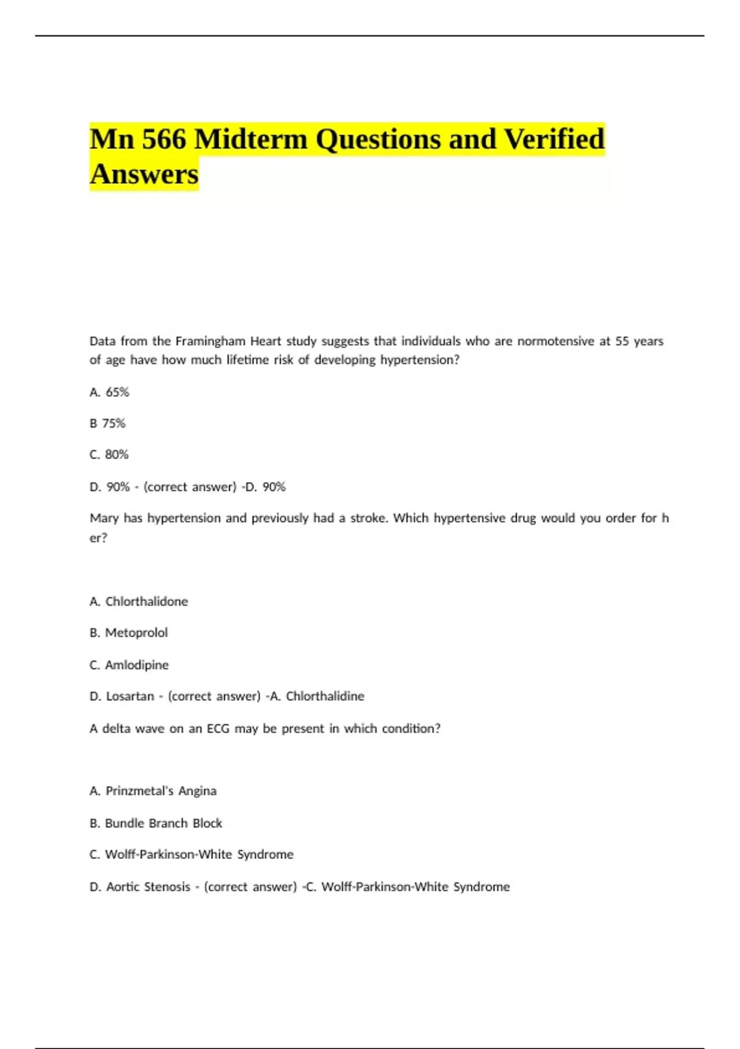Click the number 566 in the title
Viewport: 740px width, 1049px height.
tap(163, 139)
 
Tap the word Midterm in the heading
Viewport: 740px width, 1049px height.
tap(250, 139)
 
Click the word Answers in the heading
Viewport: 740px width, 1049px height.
tap(144, 174)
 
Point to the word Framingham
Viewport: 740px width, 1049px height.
tap(210, 341)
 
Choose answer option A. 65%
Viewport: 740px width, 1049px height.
tap(109, 392)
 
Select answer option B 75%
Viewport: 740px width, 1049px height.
tap(107, 423)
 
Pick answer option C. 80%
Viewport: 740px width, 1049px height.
tap(109, 455)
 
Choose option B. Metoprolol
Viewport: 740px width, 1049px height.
tap(128, 632)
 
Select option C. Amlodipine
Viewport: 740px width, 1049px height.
tap(129, 665)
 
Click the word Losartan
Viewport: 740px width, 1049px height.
tap(130, 696)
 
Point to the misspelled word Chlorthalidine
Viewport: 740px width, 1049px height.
tap(325, 696)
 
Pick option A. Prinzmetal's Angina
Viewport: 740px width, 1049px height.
tap(153, 791)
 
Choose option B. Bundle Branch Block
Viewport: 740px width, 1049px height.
tap(156, 823)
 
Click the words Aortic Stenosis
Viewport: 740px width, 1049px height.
tap(148, 887)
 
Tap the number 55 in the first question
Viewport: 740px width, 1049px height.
tap(622, 341)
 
